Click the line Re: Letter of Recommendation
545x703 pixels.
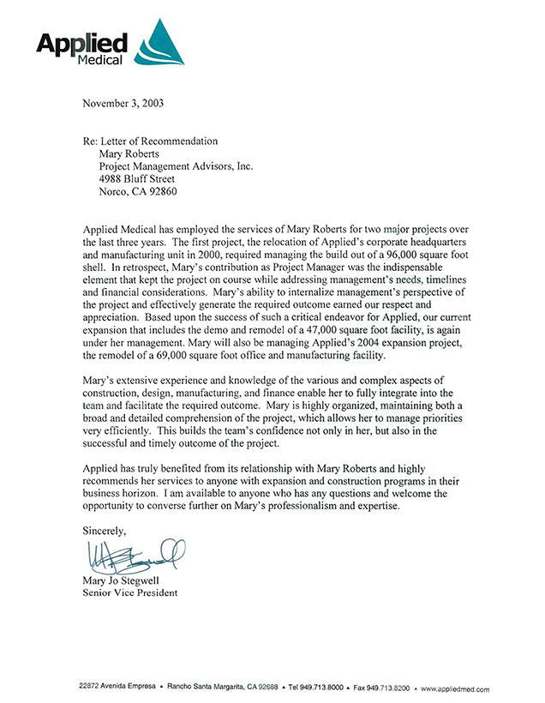click(x=150, y=141)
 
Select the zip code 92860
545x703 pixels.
click(x=161, y=192)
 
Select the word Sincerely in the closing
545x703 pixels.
click(x=105, y=532)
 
